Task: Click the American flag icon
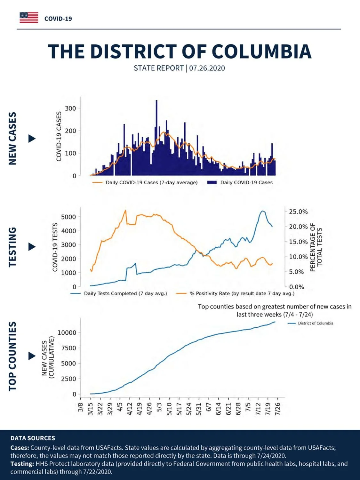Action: point(29,18)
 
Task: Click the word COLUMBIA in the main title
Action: point(261,52)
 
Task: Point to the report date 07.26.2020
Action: point(207,68)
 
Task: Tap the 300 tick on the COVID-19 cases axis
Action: point(70,108)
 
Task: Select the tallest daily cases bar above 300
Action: point(156,138)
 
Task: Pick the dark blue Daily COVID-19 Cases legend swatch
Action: point(212,182)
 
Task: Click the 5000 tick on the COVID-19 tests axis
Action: point(68,217)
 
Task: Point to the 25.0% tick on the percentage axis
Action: point(298,212)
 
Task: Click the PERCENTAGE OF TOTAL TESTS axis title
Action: point(316,247)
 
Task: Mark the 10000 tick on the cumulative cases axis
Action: point(67,333)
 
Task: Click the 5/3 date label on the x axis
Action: point(159,408)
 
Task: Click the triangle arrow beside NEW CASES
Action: point(32,139)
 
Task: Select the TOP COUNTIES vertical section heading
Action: point(12,356)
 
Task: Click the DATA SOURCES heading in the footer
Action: point(33,438)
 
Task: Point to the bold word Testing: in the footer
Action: point(22,464)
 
